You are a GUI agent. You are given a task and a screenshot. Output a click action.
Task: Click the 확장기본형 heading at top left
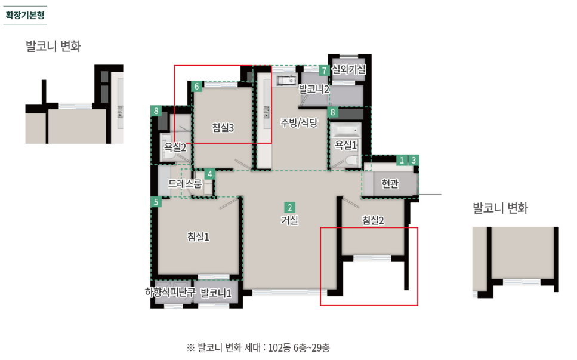[25, 15]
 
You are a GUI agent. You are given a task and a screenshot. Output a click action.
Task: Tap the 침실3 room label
[223, 127]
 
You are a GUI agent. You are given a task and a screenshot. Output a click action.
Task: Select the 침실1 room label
[198, 236]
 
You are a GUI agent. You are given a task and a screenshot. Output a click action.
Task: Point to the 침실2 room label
[373, 220]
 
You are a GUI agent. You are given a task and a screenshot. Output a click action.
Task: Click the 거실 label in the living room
[289, 220]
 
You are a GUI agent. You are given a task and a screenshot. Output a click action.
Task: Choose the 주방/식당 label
[299, 122]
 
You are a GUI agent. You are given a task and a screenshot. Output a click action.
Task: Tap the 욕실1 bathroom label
[346, 145]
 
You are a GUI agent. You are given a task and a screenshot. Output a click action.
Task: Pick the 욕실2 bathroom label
[175, 147]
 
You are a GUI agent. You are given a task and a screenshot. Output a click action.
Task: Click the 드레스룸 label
[185, 183]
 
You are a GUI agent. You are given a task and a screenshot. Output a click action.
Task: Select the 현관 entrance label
[390, 183]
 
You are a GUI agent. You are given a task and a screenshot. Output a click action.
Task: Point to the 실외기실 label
[349, 69]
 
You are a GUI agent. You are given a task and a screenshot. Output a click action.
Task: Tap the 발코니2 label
[314, 89]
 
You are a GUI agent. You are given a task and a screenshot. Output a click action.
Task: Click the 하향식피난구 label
[170, 292]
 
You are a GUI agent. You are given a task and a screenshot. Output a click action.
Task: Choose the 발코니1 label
[216, 293]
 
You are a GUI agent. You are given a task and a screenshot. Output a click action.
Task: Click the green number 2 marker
[289, 207]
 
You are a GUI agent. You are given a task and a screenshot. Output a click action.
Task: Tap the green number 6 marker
[196, 86]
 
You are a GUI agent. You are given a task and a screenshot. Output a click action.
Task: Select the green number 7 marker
[324, 70]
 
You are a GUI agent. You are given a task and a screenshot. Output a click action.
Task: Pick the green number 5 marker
[156, 202]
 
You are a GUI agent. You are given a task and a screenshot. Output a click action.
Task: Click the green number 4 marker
[210, 174]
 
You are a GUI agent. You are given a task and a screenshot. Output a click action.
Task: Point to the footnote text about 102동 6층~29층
[258, 347]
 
